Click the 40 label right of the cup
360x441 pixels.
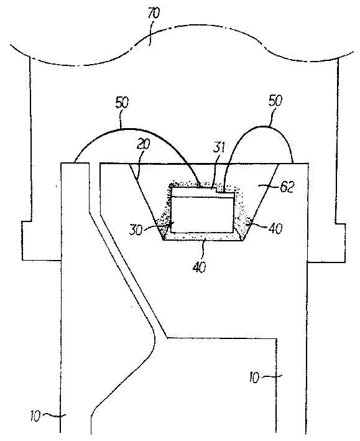(x=276, y=228)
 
